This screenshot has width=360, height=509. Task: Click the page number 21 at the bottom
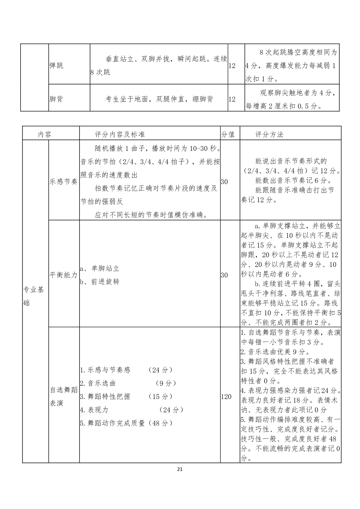click(180, 469)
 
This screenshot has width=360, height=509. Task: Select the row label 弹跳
click(57, 66)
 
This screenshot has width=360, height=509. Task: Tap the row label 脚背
click(57, 99)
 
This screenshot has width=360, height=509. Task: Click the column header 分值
click(228, 135)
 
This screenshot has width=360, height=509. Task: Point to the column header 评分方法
click(269, 135)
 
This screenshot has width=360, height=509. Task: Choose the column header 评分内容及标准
click(120, 135)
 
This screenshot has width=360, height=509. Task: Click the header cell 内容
click(45, 135)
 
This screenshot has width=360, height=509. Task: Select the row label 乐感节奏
click(64, 181)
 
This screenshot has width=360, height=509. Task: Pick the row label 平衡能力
click(64, 275)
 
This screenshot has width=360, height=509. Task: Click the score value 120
click(226, 397)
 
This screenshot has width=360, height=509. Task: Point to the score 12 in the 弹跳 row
click(232, 66)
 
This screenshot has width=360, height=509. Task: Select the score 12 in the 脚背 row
click(232, 99)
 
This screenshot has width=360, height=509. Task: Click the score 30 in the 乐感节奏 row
click(224, 181)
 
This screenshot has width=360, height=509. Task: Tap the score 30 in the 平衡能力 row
click(224, 275)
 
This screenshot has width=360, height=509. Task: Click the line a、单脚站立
click(100, 268)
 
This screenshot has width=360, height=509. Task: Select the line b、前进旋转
click(100, 282)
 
